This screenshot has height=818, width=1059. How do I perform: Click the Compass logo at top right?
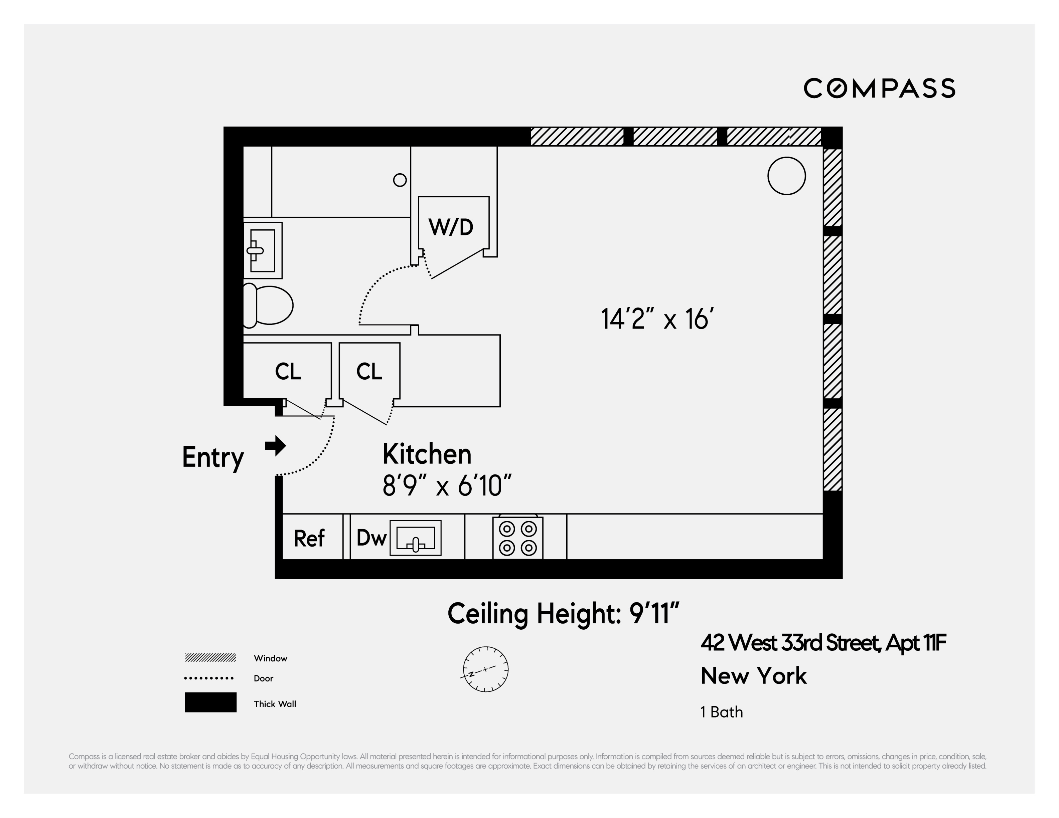tap(879, 88)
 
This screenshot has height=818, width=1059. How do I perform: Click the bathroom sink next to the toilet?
tap(262, 250)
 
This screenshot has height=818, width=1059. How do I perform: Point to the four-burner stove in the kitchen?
tap(517, 538)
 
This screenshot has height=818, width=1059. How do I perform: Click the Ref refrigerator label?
tap(309, 539)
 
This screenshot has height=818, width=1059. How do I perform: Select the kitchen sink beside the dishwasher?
tap(416, 538)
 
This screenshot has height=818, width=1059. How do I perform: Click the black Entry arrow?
tap(275, 445)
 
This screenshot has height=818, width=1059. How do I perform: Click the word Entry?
tap(213, 457)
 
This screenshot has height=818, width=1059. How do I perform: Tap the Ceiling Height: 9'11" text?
tap(563, 614)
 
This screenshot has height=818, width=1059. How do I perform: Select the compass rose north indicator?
tap(485, 669)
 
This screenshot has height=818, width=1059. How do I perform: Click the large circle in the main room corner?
tap(786, 176)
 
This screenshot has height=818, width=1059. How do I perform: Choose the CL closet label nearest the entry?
tap(288, 372)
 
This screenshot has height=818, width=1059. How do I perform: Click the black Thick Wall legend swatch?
tap(210, 702)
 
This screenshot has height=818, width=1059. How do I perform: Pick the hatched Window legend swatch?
tap(210, 658)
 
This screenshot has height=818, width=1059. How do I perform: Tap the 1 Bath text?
tap(722, 712)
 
